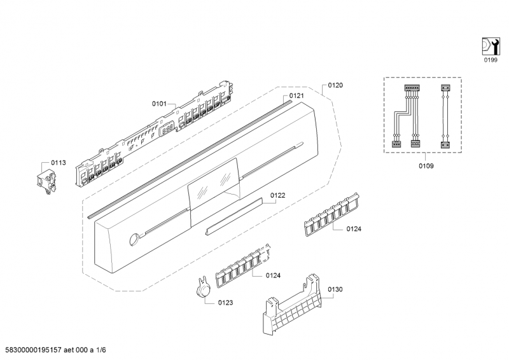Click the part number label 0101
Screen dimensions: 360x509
pyautogui.click(x=159, y=102)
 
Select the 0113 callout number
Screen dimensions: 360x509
pyautogui.click(x=59, y=163)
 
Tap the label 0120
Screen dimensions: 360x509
pyautogui.click(x=335, y=85)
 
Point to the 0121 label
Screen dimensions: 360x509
pyautogui.click(x=296, y=96)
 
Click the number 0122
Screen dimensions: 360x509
pyautogui.click(x=277, y=196)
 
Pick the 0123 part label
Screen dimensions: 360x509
pyautogui.click(x=225, y=303)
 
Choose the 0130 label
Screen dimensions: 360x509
pyautogui.click(x=335, y=289)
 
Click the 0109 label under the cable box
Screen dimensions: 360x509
pyautogui.click(x=426, y=166)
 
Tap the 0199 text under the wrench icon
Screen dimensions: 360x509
pyautogui.click(x=489, y=59)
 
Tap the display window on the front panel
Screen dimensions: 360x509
pyautogui.click(x=214, y=184)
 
